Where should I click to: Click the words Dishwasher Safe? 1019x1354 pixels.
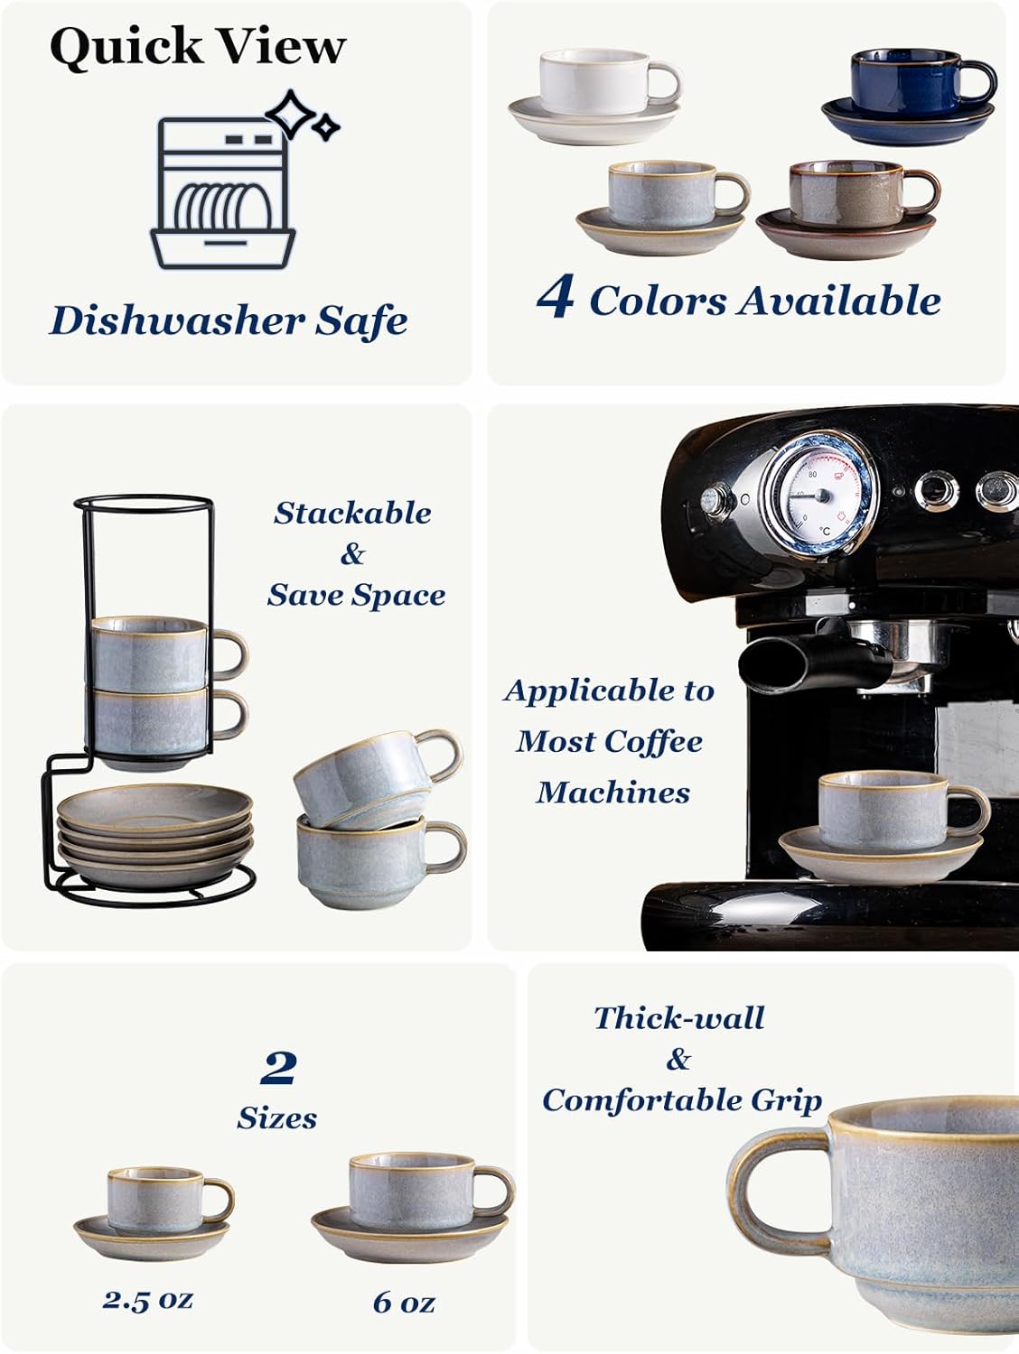[x=228, y=320]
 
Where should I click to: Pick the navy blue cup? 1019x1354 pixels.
[x=912, y=83]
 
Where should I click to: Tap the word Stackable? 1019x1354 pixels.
[x=352, y=513]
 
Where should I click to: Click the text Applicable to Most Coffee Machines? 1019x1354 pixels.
[x=611, y=741]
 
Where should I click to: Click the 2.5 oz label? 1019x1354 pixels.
[x=147, y=1300]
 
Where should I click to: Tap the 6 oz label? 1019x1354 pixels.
[x=404, y=1302]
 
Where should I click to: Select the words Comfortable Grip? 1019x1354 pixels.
[x=682, y=1099]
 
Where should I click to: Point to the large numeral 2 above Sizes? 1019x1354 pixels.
[x=278, y=1069]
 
